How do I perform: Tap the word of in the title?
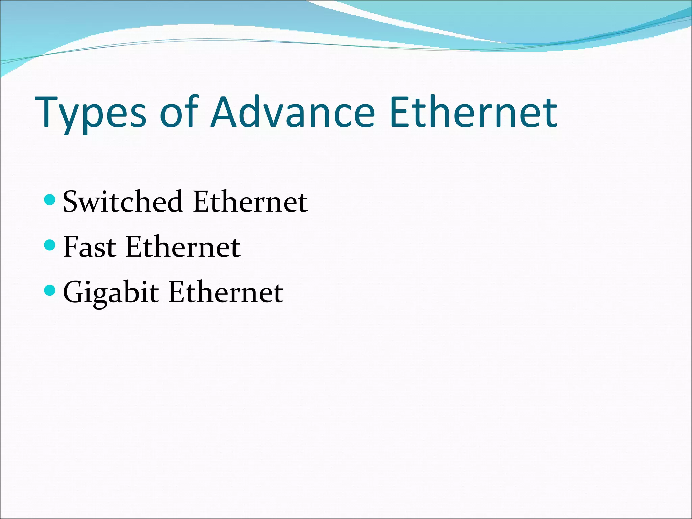coord(179,112)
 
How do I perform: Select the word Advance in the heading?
coord(293,112)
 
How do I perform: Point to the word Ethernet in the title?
coord(473,112)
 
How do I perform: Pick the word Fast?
coord(90,247)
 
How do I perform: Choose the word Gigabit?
coord(111,293)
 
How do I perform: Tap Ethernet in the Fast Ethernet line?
coord(183,247)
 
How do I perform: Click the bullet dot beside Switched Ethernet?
coord(50,200)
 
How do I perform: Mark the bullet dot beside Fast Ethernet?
coord(50,245)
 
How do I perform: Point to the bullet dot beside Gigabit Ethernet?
coord(50,290)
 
